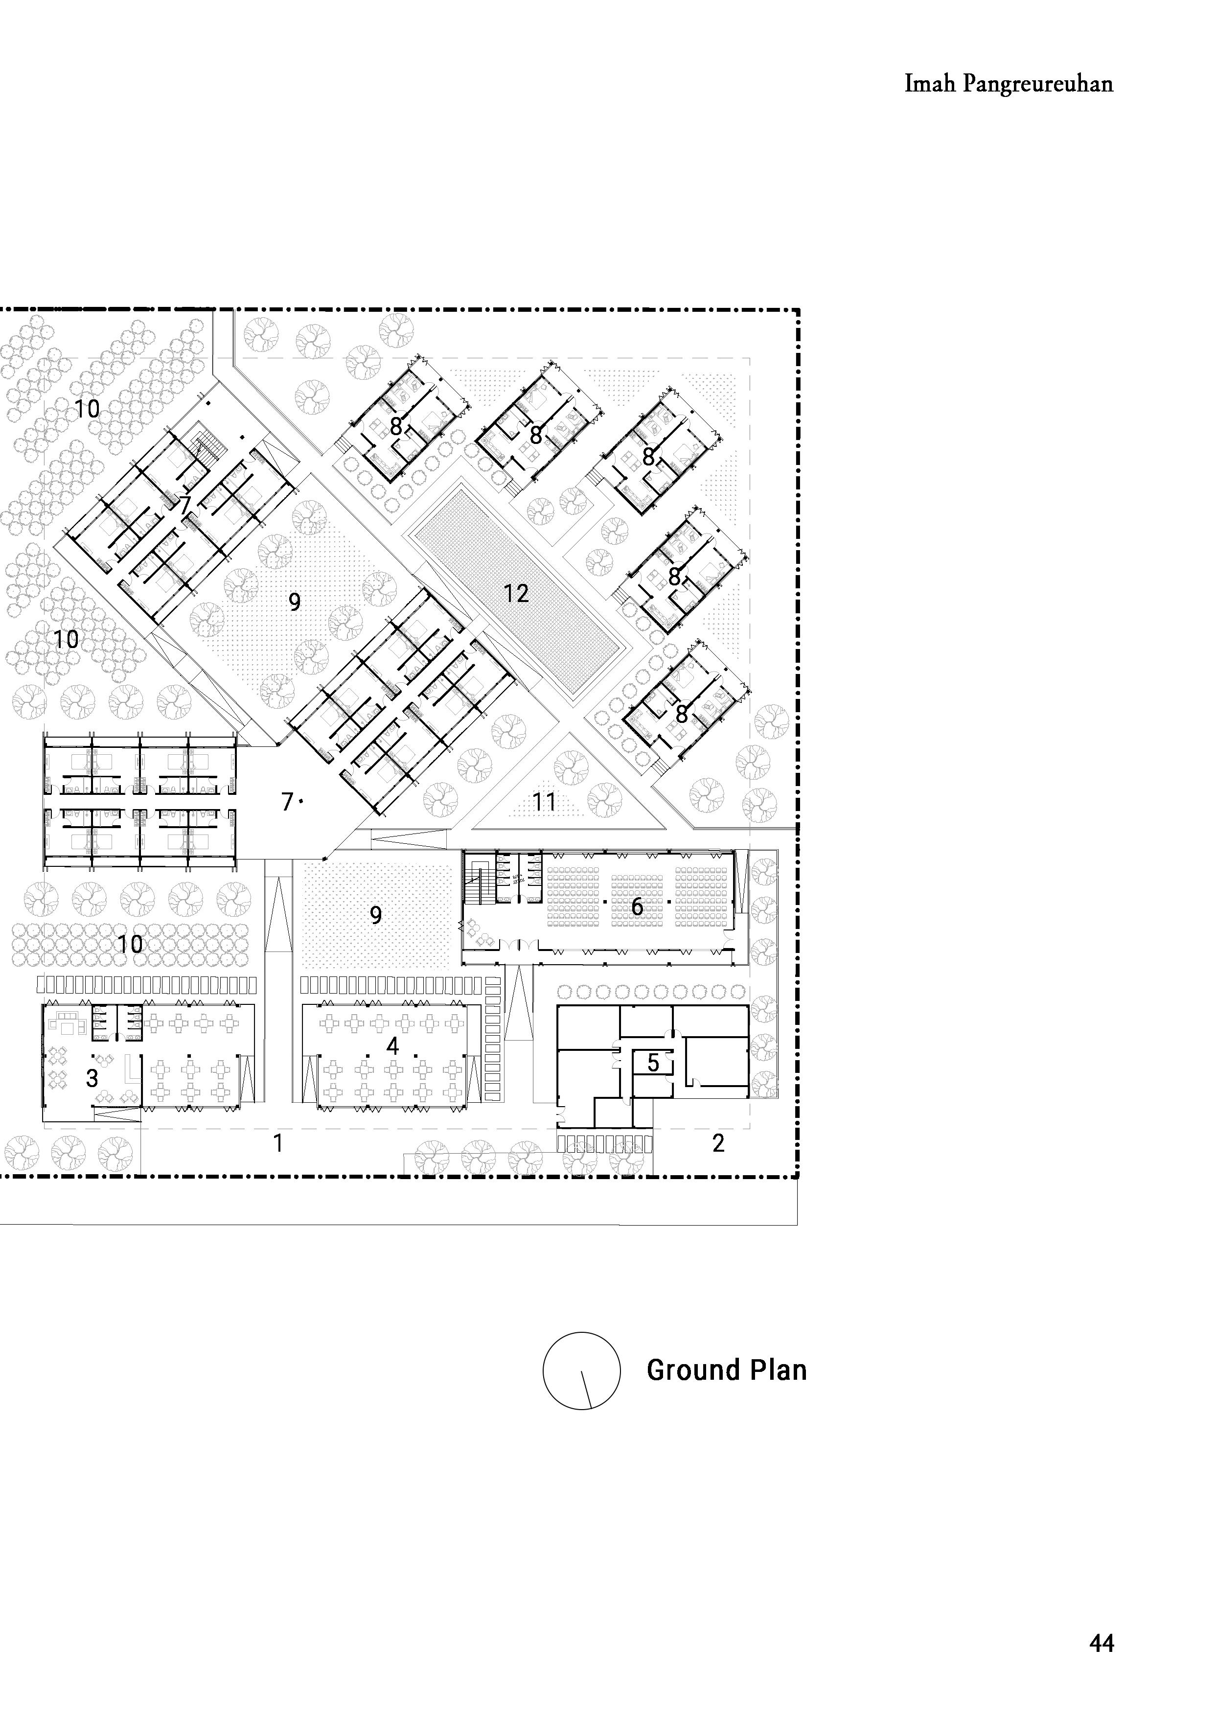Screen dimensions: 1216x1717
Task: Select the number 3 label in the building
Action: (92, 1078)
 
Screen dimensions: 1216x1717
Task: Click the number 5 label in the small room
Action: (653, 1063)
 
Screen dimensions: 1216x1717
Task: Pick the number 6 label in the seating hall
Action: (637, 907)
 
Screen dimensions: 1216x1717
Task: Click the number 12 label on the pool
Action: (516, 594)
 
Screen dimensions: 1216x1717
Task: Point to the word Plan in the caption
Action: (769, 1370)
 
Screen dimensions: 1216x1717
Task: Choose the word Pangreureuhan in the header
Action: (1038, 84)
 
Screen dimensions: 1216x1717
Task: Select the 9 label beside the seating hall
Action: (376, 915)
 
